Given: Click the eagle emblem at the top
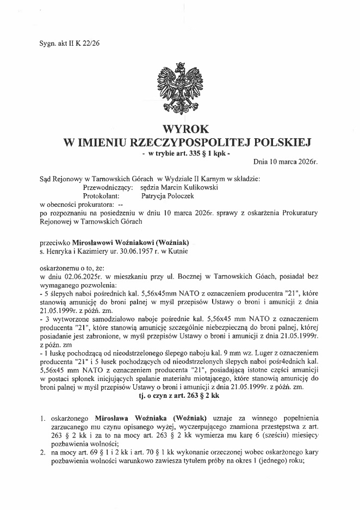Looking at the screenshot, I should coord(179,89).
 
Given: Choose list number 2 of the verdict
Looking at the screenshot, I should coord(42,453).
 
